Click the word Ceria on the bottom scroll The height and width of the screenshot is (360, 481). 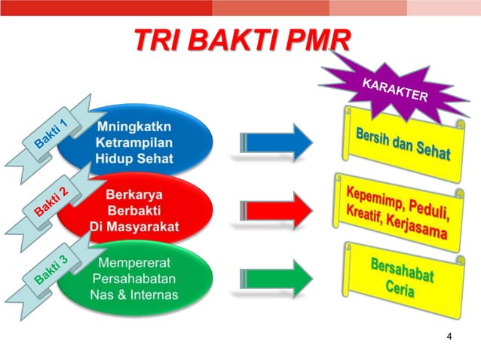point(400,291)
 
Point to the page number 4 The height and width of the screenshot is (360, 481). point(449,336)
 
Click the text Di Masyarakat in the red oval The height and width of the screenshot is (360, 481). point(134,226)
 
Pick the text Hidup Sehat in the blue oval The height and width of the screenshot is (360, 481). point(134,158)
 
